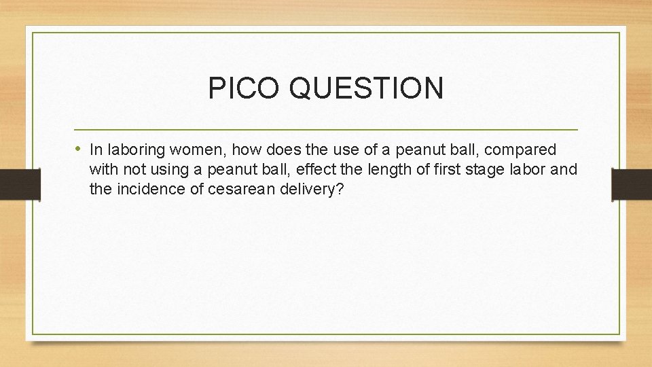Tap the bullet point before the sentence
coord(79,149)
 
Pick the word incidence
coord(147,189)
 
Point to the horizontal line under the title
coord(326,129)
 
